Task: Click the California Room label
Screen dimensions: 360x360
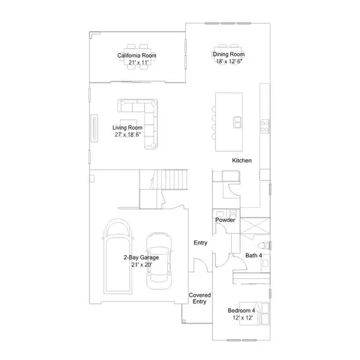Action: click(136, 55)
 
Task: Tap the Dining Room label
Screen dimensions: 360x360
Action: click(229, 55)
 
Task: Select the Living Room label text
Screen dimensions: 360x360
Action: click(128, 128)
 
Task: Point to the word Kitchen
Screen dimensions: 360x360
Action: click(241, 161)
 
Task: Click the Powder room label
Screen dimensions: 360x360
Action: click(226, 220)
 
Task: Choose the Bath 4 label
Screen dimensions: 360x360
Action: click(254, 256)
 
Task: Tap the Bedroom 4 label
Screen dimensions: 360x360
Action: click(242, 310)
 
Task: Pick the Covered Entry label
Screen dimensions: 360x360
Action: click(199, 298)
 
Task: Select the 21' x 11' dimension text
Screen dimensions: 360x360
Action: click(136, 63)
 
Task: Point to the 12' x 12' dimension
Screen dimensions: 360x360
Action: click(242, 317)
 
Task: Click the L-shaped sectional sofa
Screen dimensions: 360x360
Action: click(146, 120)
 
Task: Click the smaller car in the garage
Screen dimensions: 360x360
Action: click(158, 259)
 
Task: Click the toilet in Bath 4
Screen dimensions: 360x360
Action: click(259, 246)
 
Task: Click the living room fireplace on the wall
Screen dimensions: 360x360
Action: click(94, 127)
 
